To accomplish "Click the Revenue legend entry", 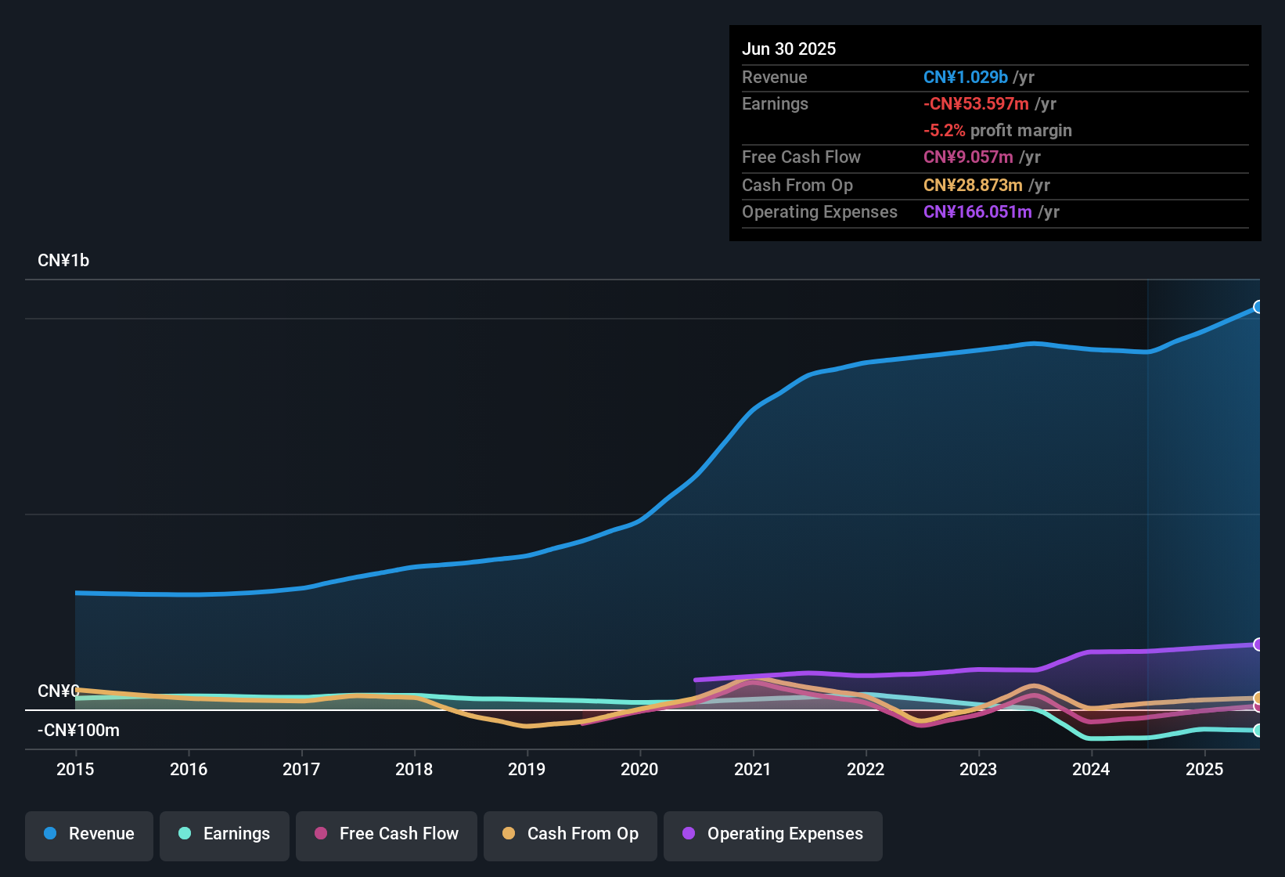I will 89,834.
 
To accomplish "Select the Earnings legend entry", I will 225,834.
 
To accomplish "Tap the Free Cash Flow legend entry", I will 387,834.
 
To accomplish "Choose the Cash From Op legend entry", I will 571,834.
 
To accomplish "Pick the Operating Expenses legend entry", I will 773,834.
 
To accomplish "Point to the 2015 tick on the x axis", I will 75,769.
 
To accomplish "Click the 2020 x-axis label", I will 639,769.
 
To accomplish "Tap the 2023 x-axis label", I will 978,769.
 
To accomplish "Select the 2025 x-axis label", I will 1204,769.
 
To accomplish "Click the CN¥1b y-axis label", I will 63,261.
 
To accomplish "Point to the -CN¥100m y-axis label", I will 78,731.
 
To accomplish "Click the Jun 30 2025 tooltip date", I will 789,49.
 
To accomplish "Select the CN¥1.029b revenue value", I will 965,77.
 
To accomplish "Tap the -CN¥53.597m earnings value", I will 976,103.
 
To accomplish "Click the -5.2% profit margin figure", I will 944,131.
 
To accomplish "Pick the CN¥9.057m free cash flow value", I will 968,157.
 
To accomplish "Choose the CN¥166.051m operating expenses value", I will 977,211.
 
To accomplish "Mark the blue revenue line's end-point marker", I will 1258,307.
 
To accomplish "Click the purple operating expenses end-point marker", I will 1258,644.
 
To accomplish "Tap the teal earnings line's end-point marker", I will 1258,731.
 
